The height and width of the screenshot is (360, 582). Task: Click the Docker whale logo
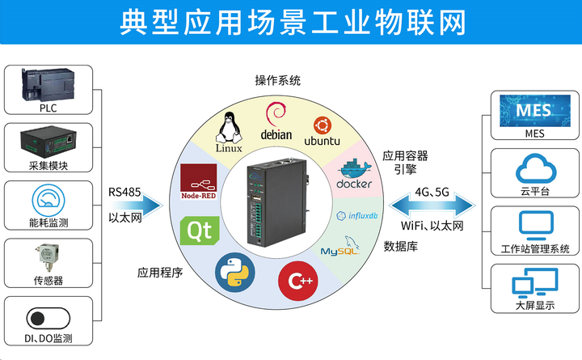coord(354,172)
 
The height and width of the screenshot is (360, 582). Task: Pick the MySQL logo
coord(340,248)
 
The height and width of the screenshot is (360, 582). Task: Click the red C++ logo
coord(296,281)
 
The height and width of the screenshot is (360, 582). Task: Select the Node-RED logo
coord(197,182)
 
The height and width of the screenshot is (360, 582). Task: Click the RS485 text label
coord(125,193)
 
